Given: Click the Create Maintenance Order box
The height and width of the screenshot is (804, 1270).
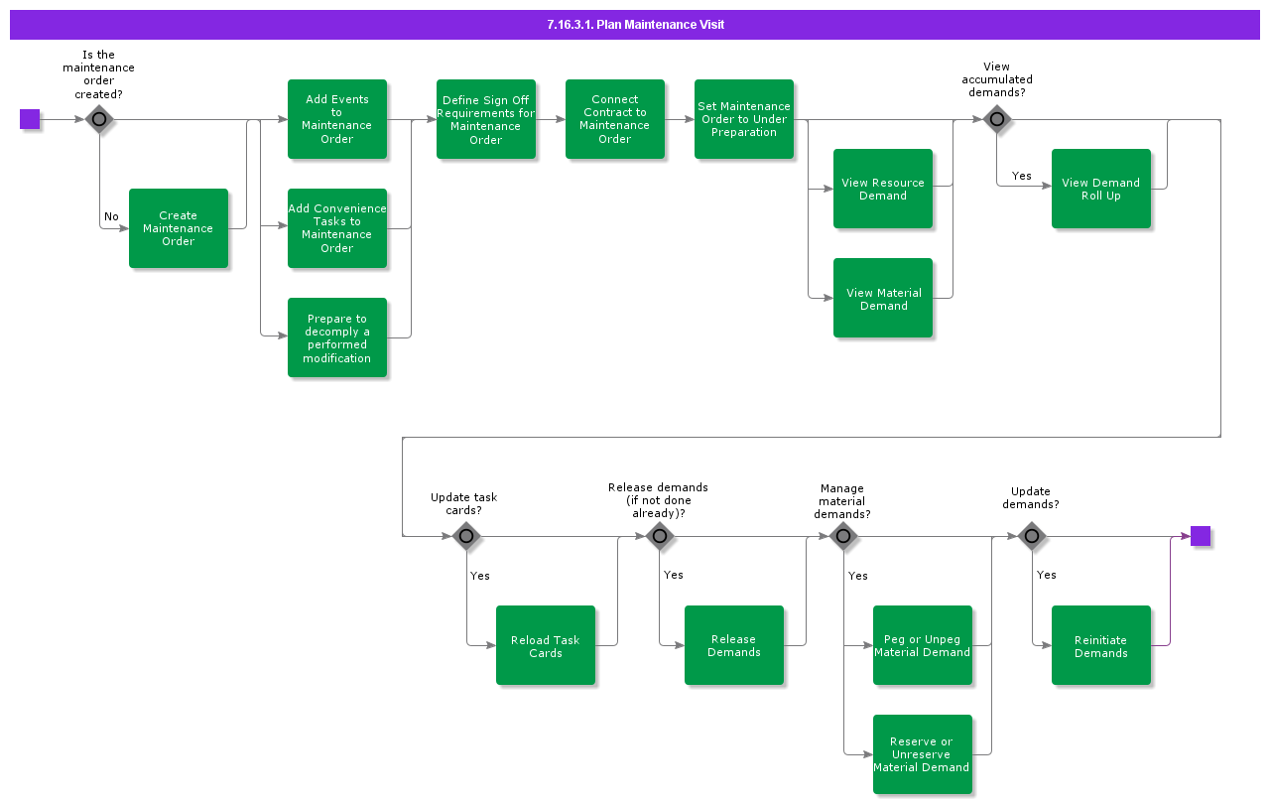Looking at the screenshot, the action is click(x=179, y=228).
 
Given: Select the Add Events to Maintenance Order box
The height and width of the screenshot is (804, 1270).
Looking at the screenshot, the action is click(x=337, y=119).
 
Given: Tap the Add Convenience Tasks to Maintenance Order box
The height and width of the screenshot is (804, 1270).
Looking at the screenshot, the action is click(x=337, y=228).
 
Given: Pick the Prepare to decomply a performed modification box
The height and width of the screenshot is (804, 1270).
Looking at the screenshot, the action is click(x=337, y=337).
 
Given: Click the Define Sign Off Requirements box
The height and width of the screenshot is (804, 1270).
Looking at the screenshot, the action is click(x=486, y=119).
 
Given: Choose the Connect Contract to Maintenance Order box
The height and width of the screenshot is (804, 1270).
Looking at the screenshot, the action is click(x=615, y=119).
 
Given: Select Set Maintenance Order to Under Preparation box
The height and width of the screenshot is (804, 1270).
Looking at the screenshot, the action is click(x=744, y=119).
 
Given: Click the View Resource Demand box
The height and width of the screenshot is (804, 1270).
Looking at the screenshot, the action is click(x=883, y=189).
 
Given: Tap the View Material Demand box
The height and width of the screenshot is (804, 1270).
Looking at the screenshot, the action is click(x=883, y=298).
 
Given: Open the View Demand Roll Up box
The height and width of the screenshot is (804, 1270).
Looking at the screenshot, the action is click(x=1101, y=189).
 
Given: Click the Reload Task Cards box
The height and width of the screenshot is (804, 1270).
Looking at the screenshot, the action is click(x=546, y=645).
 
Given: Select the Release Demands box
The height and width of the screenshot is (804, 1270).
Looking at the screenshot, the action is click(x=734, y=645).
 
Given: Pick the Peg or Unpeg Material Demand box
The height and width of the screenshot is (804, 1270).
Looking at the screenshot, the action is click(x=923, y=645).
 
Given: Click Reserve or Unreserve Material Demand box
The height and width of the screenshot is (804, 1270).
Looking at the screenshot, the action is click(x=923, y=754).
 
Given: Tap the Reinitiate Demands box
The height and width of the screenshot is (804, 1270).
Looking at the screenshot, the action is click(x=1101, y=645).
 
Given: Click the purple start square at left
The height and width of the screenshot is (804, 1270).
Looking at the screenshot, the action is click(x=30, y=119).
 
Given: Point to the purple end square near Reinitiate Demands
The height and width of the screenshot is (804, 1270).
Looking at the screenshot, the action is click(x=1201, y=536).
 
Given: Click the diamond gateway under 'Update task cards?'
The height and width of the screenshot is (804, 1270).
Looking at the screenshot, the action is click(x=466, y=537).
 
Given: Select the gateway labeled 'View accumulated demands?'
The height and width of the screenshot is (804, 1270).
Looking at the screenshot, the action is click(x=997, y=120).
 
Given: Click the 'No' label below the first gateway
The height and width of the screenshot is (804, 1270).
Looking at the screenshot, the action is click(x=111, y=216).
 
